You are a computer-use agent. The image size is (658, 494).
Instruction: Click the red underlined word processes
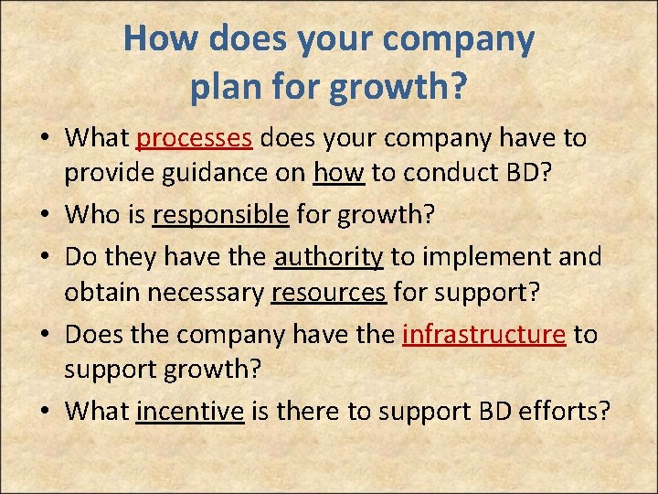194,138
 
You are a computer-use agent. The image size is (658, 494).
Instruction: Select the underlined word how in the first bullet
339,173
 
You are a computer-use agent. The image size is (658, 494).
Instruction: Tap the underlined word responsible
220,215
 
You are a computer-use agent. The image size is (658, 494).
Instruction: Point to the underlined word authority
328,257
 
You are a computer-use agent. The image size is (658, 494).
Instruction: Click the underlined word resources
328,292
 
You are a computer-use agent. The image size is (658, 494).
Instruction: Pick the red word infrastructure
483,335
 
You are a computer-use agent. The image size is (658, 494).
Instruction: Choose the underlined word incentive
190,413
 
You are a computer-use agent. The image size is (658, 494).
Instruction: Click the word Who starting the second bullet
90,215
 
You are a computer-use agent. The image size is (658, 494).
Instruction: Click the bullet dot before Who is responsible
46,216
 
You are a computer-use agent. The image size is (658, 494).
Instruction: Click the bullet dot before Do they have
46,258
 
